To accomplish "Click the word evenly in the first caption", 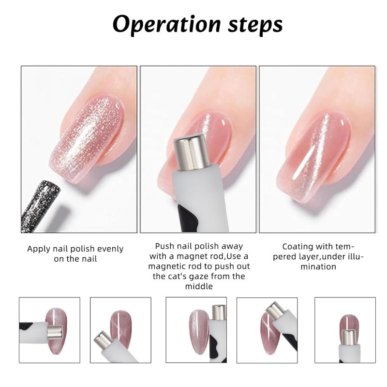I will [x=108, y=249].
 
